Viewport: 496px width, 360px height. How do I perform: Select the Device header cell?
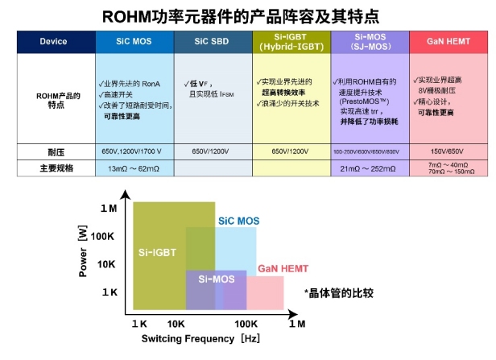[x=53, y=42]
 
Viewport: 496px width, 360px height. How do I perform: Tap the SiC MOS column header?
[x=133, y=42]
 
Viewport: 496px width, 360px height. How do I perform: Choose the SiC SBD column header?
[x=212, y=42]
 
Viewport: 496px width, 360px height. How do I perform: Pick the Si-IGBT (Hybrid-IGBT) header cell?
[x=291, y=42]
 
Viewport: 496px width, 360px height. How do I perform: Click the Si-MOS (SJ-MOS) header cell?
[x=370, y=42]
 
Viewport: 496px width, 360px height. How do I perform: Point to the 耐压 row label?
[x=53, y=152]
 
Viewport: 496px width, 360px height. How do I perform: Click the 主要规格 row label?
[x=53, y=168]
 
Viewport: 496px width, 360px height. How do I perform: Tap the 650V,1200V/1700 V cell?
[x=133, y=152]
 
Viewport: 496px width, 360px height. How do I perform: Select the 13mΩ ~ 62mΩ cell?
[x=133, y=168]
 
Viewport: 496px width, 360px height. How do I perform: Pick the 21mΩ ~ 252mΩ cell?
[x=370, y=168]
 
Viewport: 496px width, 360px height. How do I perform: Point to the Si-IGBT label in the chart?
[x=158, y=252]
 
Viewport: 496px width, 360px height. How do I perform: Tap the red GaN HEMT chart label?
[x=283, y=267]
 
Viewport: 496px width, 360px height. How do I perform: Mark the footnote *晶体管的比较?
[x=338, y=293]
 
